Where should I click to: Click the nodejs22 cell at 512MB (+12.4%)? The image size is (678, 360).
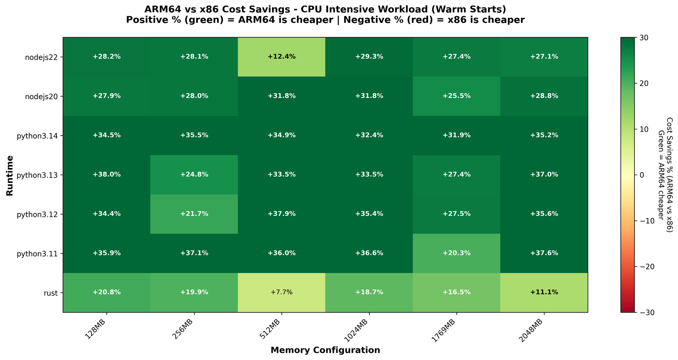pos(281,57)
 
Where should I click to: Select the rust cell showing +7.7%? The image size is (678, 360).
pos(281,293)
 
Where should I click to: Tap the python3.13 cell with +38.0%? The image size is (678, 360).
pos(106,175)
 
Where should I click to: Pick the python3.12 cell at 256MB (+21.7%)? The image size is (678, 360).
pos(194,214)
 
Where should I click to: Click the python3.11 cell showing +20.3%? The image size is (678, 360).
pos(456,253)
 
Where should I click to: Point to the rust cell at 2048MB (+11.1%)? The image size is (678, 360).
pos(544,293)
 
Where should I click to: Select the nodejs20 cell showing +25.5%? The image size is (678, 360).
pos(456,96)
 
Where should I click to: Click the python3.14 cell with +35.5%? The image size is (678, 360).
pos(194,135)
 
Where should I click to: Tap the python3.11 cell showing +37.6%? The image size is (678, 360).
pos(544,253)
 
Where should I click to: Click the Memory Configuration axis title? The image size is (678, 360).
pos(325,350)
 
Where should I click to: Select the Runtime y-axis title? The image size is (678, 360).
pos(10,175)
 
